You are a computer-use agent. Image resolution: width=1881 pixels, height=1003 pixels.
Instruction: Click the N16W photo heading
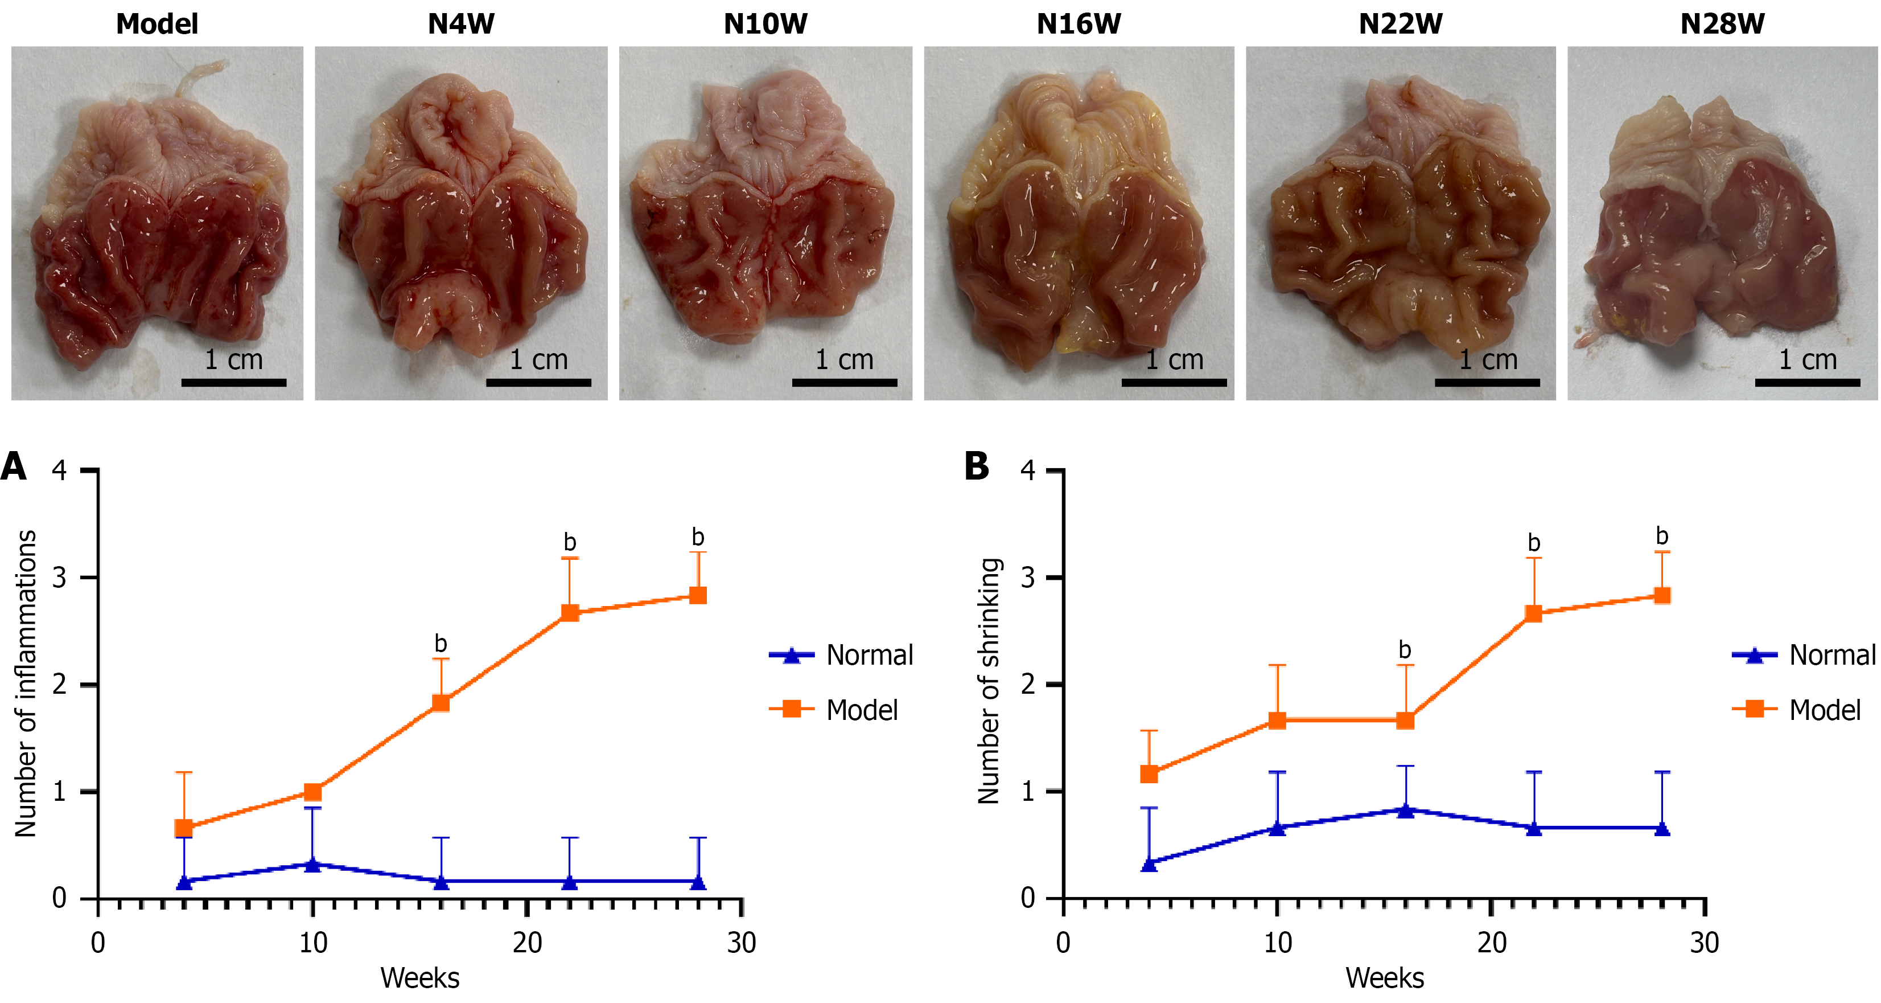1078,24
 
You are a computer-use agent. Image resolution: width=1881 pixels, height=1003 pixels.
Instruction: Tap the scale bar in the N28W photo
1806,382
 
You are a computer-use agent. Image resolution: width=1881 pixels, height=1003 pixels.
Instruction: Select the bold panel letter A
13,466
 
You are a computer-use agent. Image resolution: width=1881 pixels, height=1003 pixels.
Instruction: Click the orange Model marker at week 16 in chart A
441,703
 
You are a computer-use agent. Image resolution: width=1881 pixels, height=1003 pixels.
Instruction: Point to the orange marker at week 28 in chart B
1662,595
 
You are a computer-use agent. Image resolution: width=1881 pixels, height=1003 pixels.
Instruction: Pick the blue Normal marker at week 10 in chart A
312,864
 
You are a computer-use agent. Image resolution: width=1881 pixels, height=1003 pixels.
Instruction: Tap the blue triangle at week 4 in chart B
1149,863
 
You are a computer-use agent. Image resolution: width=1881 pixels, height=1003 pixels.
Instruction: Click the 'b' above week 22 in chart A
570,542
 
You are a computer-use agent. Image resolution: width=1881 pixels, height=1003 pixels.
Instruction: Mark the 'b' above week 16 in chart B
1404,649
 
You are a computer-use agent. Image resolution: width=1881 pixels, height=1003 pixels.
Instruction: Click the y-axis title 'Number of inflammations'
26,683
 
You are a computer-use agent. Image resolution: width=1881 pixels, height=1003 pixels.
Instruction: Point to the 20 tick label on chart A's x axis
526,943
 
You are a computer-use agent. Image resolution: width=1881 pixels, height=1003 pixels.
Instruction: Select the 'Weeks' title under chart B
1385,977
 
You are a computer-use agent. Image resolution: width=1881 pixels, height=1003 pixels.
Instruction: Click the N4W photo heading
461,24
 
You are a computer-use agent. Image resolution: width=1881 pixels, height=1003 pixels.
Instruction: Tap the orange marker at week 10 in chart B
1277,720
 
